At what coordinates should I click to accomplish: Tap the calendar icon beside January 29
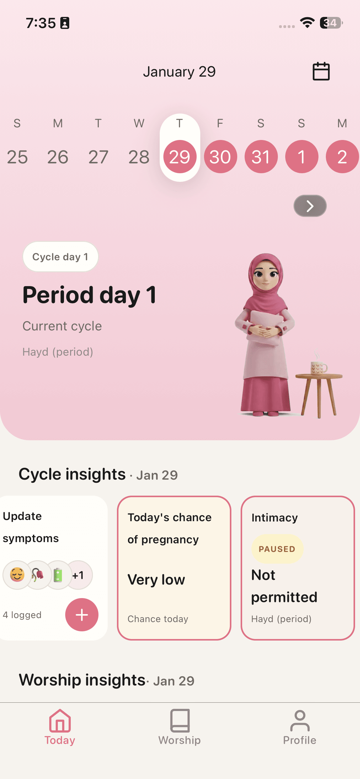point(321,71)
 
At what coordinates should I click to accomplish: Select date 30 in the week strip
point(220,157)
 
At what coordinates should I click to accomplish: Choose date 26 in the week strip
point(58,157)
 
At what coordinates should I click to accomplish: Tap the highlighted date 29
point(180,157)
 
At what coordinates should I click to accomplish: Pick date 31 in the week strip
point(261,157)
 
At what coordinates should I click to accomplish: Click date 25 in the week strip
point(17,157)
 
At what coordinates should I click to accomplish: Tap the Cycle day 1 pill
point(60,257)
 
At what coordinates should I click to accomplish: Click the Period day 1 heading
point(89,295)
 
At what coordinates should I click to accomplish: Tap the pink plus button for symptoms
point(82,615)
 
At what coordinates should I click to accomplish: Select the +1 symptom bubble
point(78,575)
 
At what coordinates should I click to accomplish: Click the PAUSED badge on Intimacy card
point(277,549)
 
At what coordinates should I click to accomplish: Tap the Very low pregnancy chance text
point(156,580)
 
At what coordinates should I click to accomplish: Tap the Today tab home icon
point(60,721)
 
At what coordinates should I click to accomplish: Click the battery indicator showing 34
point(331,23)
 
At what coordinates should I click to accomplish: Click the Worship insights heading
point(82,680)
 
